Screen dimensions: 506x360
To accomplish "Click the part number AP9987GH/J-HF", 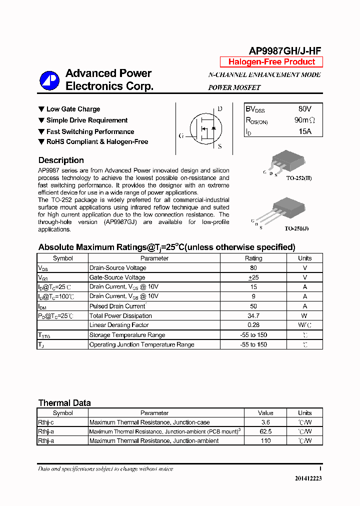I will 285,50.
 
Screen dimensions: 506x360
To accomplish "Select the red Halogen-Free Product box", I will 271,62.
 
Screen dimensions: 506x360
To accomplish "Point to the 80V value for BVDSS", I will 304,108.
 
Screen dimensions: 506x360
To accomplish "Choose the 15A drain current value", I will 304,131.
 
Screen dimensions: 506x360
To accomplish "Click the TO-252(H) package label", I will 298,178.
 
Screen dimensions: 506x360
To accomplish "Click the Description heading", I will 61,160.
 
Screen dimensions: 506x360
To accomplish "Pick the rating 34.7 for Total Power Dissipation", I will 253,316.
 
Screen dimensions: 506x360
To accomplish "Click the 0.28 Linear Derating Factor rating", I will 253,325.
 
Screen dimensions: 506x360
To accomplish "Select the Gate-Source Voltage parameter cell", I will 117,277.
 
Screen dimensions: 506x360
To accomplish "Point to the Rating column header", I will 253,258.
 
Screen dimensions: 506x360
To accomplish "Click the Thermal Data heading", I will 64,403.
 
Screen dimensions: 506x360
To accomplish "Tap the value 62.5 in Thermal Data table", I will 265,431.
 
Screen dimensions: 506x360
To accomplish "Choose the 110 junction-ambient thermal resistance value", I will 265,441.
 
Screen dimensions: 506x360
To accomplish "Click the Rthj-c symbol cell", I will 46,422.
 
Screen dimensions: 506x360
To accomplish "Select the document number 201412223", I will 308,478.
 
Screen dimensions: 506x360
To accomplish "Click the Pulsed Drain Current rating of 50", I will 253,306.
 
